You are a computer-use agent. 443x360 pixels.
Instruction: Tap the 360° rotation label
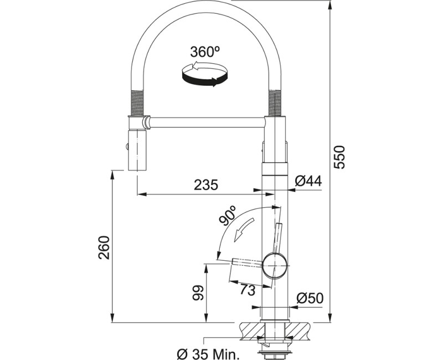[x=205, y=52]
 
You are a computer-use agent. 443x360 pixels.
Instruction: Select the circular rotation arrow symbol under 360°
[x=204, y=74]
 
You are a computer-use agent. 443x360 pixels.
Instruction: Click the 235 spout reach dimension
[x=206, y=185]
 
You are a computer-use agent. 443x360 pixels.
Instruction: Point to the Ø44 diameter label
[x=308, y=181]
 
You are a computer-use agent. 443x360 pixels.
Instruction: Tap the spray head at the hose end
[x=137, y=151]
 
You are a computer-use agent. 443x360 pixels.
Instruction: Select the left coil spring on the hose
[x=137, y=103]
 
